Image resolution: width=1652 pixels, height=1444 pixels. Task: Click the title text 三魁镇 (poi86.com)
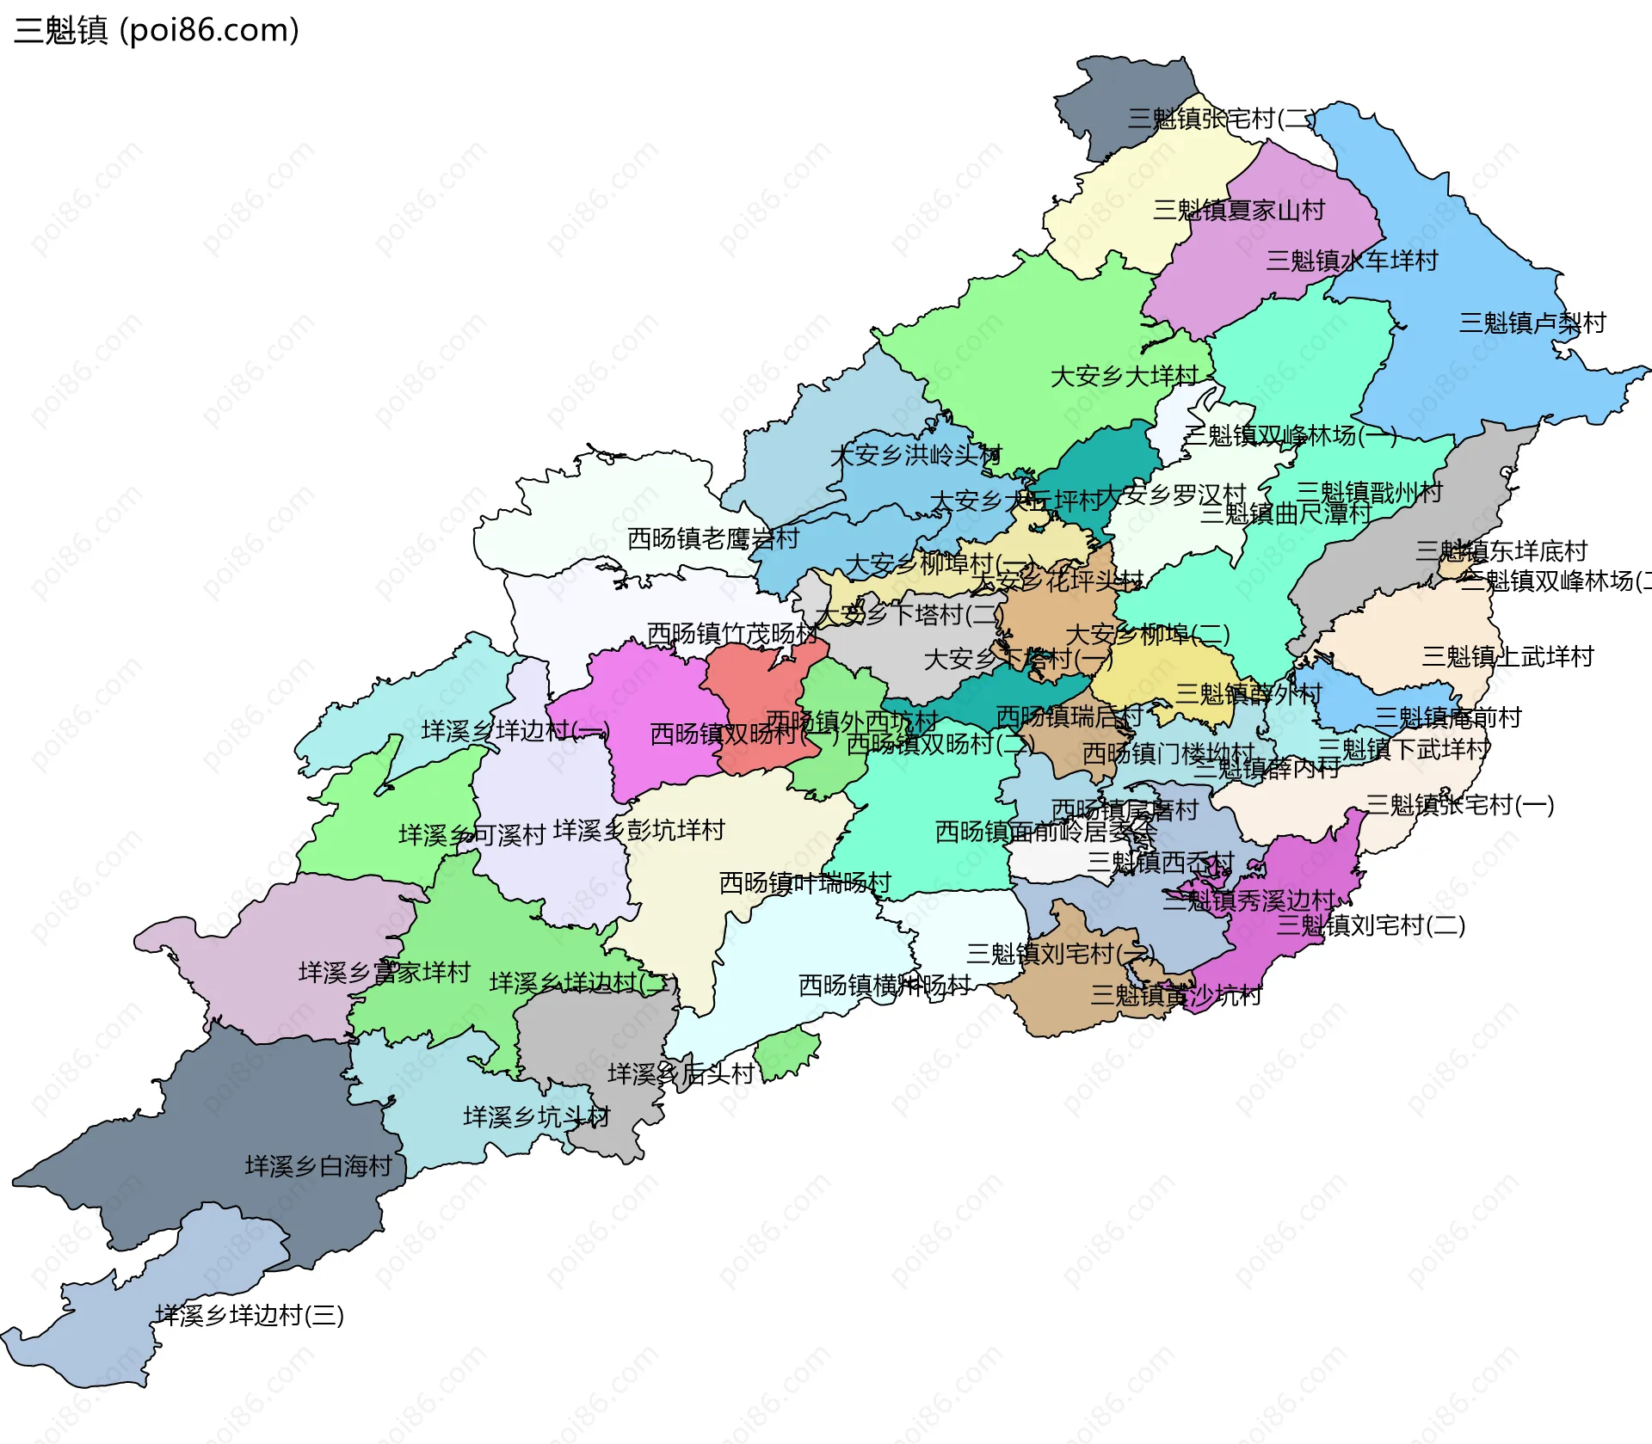[157, 30]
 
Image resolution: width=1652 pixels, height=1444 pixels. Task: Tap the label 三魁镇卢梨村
[1532, 323]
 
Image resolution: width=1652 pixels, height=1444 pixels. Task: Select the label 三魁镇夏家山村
[1238, 211]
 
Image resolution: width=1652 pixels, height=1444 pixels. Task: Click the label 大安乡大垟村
[1124, 377]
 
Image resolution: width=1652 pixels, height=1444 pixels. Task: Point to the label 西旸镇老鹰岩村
[713, 539]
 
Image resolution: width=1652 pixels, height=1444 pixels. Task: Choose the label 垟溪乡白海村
[318, 1166]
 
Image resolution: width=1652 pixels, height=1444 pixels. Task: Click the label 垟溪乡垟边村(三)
[250, 1315]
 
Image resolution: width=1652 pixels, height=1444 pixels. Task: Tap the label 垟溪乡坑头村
[536, 1117]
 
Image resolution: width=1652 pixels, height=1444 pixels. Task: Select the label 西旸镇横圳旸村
[885, 986]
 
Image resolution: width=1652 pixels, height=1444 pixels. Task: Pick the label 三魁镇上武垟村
[1507, 657]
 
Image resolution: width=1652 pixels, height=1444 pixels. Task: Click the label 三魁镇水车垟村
[1352, 261]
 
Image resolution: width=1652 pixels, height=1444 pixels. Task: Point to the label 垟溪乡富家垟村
[384, 973]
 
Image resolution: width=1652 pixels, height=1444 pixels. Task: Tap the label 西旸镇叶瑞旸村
[804, 883]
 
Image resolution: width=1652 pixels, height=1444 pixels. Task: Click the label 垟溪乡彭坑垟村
[638, 831]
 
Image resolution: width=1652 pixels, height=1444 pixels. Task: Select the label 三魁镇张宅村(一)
[1459, 806]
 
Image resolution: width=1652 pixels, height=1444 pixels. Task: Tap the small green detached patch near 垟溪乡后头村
[785, 1053]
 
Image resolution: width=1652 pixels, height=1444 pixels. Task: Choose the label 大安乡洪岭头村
[915, 455]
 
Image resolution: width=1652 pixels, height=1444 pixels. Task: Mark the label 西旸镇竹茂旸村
[731, 634]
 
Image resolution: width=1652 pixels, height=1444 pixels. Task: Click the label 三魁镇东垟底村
[1501, 551]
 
